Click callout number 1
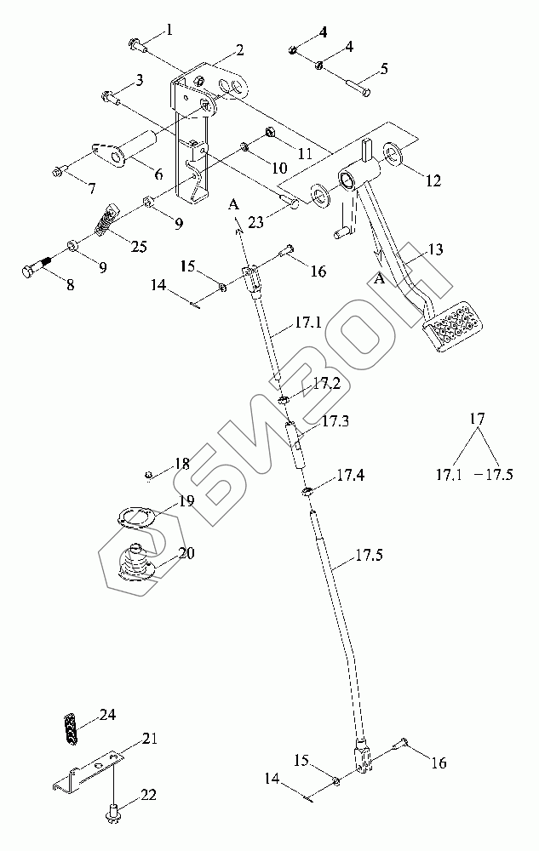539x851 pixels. (x=169, y=31)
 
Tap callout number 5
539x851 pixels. (x=384, y=68)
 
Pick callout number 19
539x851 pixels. (x=186, y=500)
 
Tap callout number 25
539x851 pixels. (x=138, y=247)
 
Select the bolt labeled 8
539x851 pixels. (x=37, y=271)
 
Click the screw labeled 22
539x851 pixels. (x=112, y=815)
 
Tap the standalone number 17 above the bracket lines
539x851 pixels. (x=477, y=419)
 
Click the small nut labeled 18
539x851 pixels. (x=148, y=473)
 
